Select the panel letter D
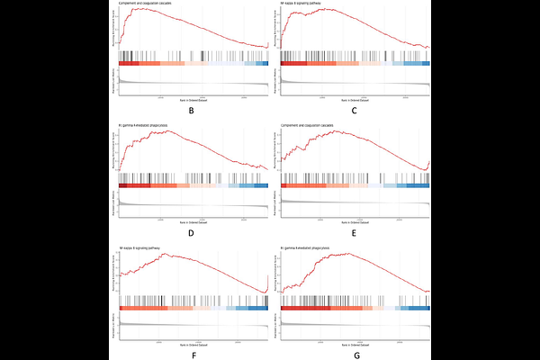[x=192, y=232]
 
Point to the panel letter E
[x=355, y=232]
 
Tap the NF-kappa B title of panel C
[x=306, y=4]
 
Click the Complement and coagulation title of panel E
[x=310, y=125]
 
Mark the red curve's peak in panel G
[x=340, y=253]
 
